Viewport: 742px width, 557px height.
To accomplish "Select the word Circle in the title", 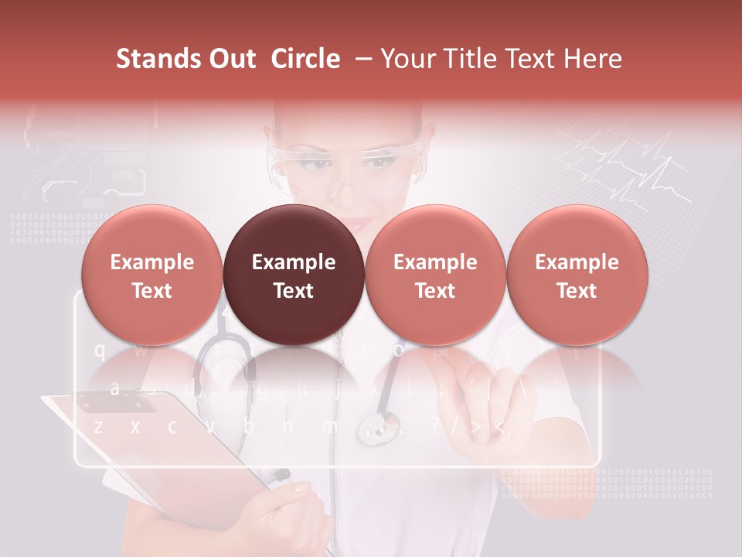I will point(305,59).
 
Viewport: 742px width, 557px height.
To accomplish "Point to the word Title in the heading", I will point(463,59).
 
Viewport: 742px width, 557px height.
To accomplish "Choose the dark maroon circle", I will point(294,275).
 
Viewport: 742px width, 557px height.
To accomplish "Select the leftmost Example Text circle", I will point(152,275).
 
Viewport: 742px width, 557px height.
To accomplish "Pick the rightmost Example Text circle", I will point(577,275).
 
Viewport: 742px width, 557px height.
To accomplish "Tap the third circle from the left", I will point(435,275).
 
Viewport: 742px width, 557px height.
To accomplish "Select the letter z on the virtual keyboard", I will point(98,426).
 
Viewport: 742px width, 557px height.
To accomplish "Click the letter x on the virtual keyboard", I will point(135,426).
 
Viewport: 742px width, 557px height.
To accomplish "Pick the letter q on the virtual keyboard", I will point(99,350).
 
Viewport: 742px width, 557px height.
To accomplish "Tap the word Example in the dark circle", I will point(294,262).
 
